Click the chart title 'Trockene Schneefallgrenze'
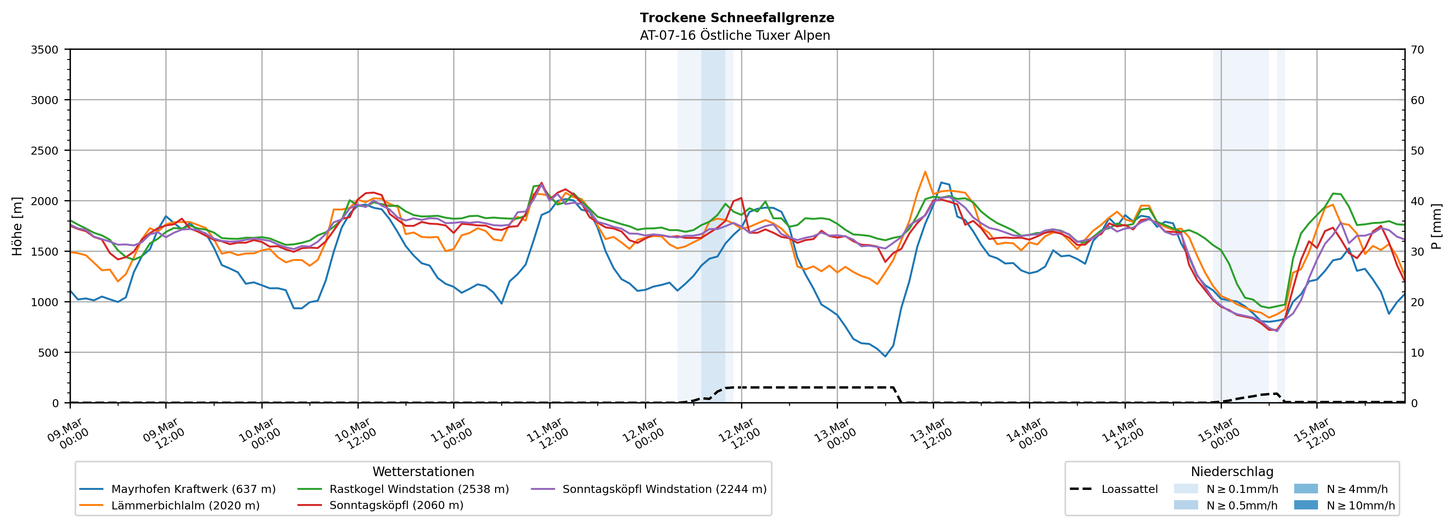click(x=736, y=18)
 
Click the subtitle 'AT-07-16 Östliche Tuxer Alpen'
click(x=734, y=36)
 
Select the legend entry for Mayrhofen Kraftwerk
click(x=193, y=489)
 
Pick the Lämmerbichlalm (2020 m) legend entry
click(x=185, y=506)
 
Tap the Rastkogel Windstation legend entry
click(x=418, y=489)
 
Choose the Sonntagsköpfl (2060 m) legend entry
click(x=396, y=506)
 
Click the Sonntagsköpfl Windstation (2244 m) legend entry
click(x=664, y=489)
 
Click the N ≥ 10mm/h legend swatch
click(x=1306, y=505)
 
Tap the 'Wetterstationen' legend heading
click(x=423, y=472)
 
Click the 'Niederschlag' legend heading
click(x=1232, y=472)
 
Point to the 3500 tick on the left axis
click(x=45, y=50)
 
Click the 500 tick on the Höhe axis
click(x=48, y=353)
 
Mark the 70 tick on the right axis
click(x=1417, y=50)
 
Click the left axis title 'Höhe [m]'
click(x=18, y=226)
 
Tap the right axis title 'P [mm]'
click(x=1436, y=226)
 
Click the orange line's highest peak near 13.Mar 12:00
click(x=924, y=172)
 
